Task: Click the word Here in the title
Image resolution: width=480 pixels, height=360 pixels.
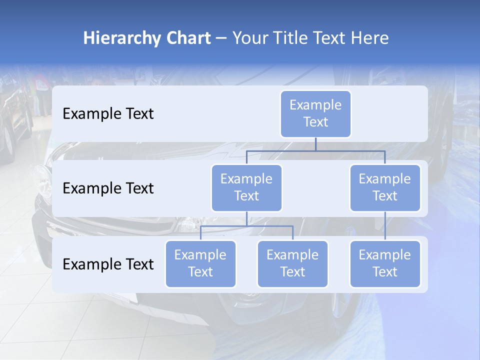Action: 368,38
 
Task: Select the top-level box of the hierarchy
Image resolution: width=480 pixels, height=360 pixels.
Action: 315,113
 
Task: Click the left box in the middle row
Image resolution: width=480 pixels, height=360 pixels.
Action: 246,187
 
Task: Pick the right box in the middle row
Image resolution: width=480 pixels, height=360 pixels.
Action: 385,187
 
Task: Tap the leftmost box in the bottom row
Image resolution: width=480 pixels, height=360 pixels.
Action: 200,263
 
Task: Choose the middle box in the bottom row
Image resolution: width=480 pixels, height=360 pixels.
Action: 292,263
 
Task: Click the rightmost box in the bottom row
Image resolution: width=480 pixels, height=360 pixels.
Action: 385,263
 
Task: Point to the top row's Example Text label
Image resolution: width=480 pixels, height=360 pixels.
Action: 108,114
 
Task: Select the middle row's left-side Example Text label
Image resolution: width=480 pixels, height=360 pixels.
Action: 108,188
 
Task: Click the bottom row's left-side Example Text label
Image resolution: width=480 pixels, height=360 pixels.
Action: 108,264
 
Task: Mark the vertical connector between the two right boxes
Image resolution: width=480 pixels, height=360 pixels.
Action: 385,225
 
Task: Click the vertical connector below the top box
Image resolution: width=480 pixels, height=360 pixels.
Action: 315,144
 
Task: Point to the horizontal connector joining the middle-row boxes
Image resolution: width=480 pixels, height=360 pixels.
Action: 315,150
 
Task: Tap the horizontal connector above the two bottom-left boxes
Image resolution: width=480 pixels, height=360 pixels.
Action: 246,226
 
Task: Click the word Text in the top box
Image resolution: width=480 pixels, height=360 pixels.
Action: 315,122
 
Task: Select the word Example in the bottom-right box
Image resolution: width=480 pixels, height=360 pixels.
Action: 385,255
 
